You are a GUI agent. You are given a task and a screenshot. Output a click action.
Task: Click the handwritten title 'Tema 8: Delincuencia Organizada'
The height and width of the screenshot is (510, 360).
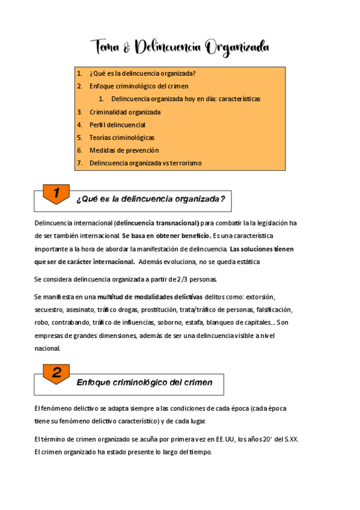180,47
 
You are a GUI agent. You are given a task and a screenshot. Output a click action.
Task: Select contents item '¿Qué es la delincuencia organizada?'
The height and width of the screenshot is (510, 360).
142,73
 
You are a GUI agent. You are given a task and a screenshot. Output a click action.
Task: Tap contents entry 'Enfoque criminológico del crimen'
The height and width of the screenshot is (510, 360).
138,86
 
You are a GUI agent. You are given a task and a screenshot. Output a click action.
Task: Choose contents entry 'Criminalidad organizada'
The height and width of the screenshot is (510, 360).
125,112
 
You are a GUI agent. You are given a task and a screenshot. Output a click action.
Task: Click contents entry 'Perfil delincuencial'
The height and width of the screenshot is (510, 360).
117,124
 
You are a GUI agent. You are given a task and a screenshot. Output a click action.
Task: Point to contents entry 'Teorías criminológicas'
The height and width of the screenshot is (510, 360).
121,137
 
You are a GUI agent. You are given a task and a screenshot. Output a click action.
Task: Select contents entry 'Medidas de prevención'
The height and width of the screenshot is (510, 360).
120,150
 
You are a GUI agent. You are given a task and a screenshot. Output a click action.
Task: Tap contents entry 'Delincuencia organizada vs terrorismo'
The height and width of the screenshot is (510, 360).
145,162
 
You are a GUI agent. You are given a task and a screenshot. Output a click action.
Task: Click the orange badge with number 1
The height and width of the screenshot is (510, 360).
56,193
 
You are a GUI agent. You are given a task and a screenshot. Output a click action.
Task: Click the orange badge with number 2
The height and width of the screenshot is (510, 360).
56,373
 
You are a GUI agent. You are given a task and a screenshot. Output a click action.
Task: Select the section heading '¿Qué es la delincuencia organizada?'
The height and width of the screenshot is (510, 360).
150,199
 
